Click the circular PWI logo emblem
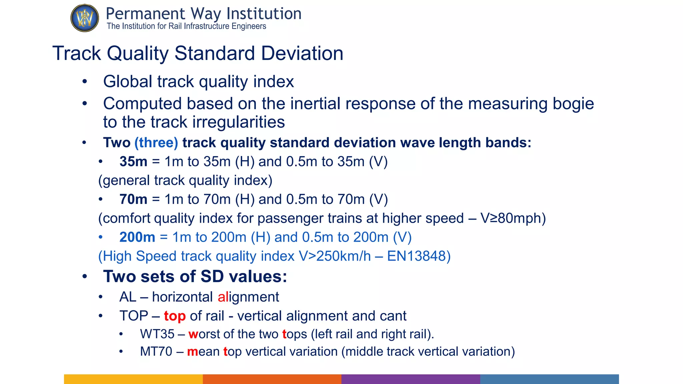pos(85,18)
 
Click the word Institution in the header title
pos(264,14)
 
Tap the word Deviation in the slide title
pos(302,53)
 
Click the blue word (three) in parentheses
pos(156,143)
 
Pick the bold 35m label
pos(133,162)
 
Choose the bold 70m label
pos(133,199)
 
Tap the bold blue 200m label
pos(137,237)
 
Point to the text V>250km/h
pos(334,256)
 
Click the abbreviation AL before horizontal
pos(128,297)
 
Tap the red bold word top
pos(174,316)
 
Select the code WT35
pos(157,334)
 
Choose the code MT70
pos(156,352)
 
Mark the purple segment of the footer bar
pos(411,379)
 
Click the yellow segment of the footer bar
pos(133,379)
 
